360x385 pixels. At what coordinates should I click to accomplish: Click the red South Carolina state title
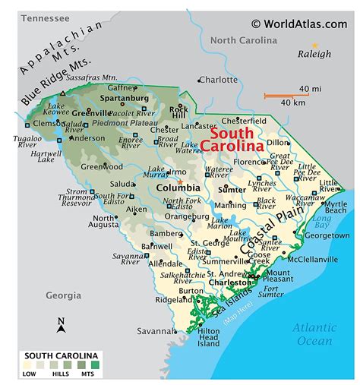237,137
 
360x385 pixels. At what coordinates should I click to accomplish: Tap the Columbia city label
178,188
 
